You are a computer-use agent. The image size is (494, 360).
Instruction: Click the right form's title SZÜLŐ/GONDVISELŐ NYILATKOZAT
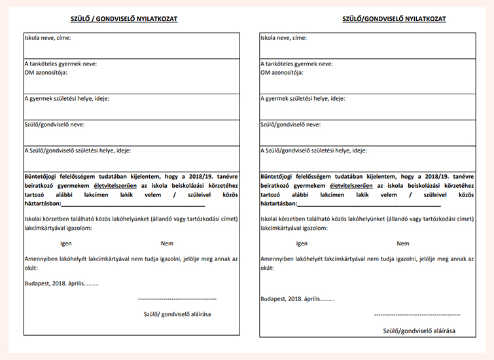(x=394, y=19)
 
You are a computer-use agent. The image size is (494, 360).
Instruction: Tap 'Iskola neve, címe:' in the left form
(x=48, y=38)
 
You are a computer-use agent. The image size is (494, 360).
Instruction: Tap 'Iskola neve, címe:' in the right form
(x=284, y=38)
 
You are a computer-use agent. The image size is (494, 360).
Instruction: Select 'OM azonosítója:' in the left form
(x=46, y=72)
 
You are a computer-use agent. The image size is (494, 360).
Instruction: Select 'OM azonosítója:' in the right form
(x=282, y=72)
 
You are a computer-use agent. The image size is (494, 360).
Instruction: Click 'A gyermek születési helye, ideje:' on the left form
(x=67, y=99)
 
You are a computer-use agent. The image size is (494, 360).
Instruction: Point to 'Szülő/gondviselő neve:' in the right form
(x=291, y=124)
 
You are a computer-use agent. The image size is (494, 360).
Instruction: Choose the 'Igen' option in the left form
(x=65, y=243)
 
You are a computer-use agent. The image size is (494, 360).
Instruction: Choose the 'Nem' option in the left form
(x=167, y=243)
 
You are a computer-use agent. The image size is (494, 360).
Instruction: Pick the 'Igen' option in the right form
(x=302, y=243)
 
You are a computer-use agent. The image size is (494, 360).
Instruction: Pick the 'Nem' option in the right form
(x=403, y=243)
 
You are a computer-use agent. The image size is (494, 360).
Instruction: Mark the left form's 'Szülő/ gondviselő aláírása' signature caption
(x=177, y=314)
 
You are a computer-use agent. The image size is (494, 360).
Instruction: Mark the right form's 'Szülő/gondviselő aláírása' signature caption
(x=419, y=331)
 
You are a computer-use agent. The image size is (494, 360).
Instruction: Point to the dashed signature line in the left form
(x=177, y=298)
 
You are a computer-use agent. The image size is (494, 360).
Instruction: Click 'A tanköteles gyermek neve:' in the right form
(x=296, y=64)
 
